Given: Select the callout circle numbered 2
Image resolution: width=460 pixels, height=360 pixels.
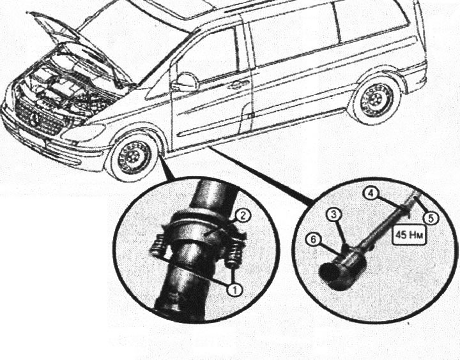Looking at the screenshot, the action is pyautogui.click(x=243, y=216).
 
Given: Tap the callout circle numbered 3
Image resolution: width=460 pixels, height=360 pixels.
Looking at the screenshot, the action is pyautogui.click(x=334, y=215).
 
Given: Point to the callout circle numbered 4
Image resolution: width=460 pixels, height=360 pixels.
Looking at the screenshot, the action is pyautogui.click(x=371, y=194).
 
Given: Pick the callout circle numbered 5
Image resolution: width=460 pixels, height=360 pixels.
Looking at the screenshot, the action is pyautogui.click(x=431, y=218).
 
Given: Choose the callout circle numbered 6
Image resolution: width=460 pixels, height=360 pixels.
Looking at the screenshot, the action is pyautogui.click(x=312, y=239).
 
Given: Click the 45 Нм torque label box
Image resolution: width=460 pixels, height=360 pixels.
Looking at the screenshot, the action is pyautogui.click(x=409, y=235).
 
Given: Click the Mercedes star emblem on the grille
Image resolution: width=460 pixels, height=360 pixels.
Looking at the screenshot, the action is pyautogui.click(x=34, y=119).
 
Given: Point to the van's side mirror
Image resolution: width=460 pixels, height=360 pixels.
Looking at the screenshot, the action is pyautogui.click(x=186, y=82).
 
